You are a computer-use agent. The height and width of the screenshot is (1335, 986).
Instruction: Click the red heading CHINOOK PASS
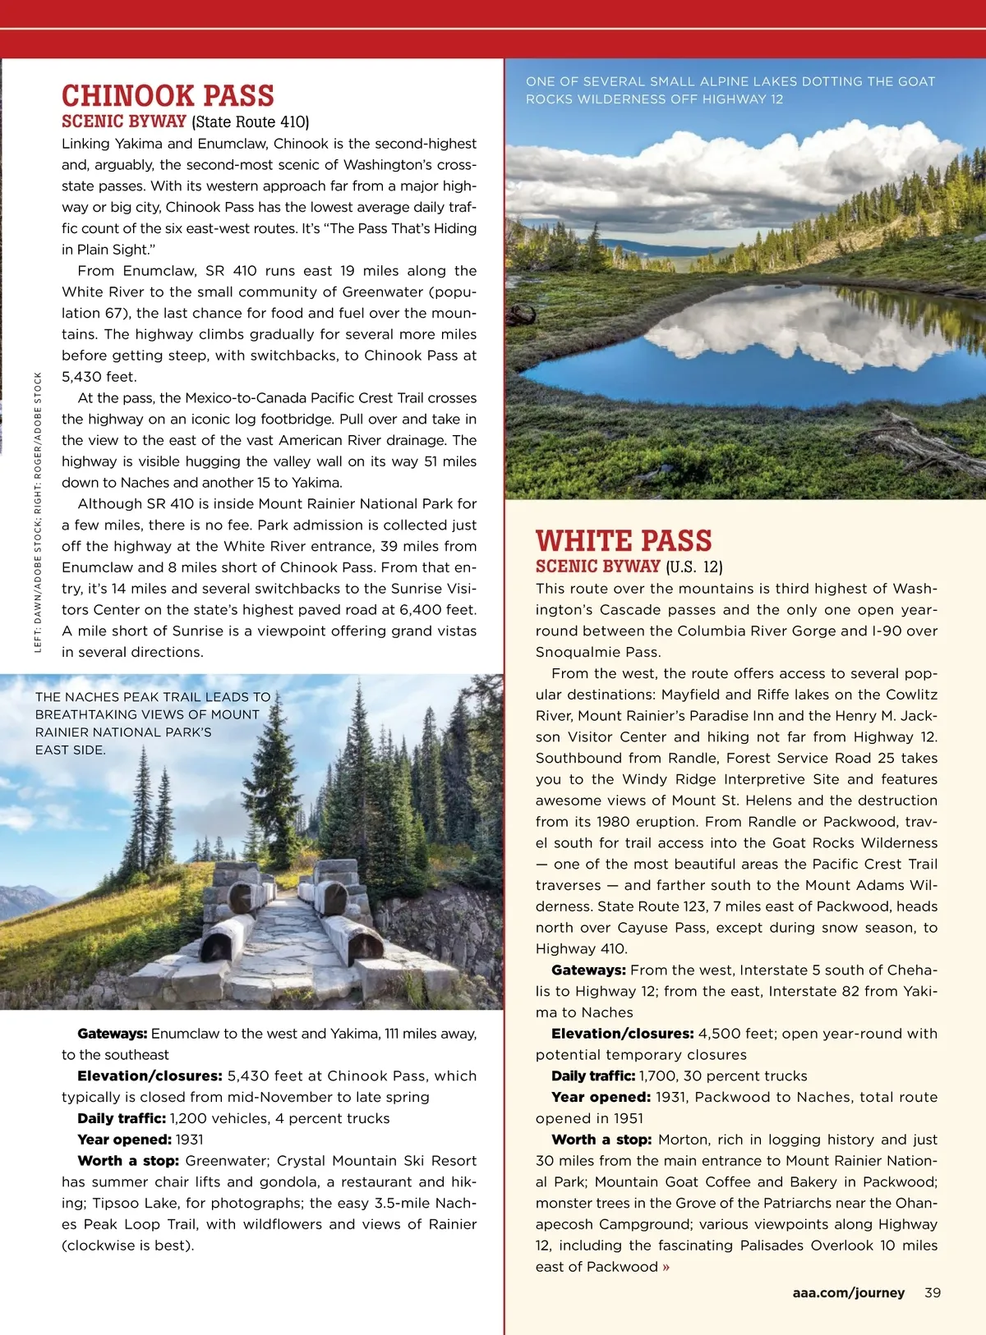[168, 95]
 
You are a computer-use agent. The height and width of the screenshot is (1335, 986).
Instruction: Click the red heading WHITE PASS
[624, 540]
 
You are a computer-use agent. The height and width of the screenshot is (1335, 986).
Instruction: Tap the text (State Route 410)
[250, 122]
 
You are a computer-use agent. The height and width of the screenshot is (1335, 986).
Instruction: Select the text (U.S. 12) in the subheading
[693, 567]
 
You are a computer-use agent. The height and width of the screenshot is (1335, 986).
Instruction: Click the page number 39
[933, 1292]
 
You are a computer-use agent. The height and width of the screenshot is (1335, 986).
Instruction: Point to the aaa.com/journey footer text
[848, 1292]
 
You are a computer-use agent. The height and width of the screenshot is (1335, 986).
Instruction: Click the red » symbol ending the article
[666, 1267]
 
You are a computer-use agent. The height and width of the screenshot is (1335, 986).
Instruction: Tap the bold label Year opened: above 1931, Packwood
[601, 1097]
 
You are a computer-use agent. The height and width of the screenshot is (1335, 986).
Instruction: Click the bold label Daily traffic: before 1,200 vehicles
[122, 1118]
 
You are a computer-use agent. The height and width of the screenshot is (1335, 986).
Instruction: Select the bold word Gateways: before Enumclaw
[113, 1034]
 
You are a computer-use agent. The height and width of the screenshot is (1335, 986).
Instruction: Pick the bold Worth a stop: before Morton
[601, 1140]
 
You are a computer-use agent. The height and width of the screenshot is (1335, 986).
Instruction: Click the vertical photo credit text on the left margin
[38, 513]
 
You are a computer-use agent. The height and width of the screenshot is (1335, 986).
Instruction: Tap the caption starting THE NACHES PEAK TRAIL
[152, 723]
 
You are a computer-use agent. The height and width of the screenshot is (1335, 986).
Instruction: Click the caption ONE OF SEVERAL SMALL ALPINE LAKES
[730, 90]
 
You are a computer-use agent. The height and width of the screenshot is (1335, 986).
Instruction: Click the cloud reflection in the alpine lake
[789, 328]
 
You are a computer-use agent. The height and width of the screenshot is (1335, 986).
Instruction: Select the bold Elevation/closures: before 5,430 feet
[150, 1076]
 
